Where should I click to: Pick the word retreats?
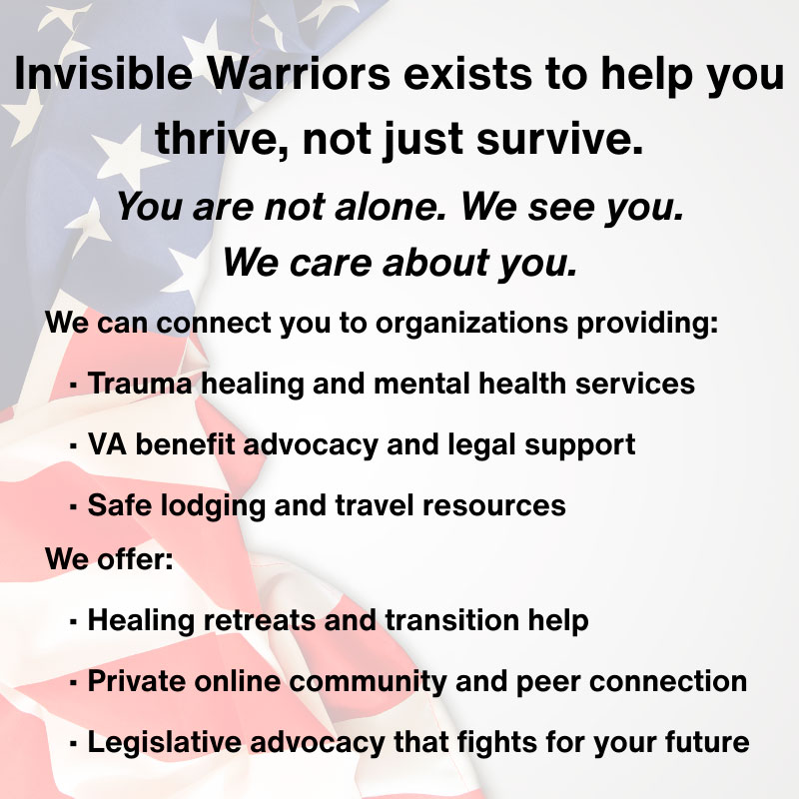pos(253,620)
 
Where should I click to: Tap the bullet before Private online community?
pos(74,683)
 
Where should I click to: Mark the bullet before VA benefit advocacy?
pos(74,445)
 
